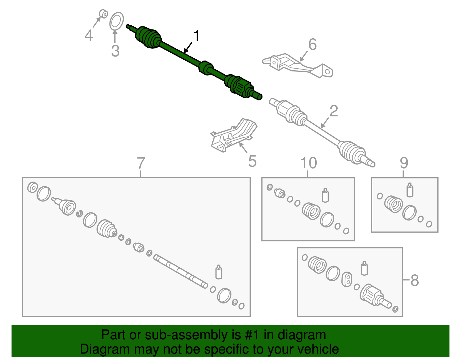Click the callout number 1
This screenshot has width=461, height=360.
197,36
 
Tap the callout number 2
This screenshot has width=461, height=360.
334,111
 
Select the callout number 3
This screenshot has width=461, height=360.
116,51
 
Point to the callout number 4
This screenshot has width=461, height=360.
89,35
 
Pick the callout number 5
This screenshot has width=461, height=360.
252,161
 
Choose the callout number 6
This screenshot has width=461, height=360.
313,44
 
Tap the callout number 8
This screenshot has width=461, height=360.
415,280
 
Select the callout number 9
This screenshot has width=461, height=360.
404,163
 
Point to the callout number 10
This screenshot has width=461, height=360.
309,163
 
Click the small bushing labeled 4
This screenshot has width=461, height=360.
103,14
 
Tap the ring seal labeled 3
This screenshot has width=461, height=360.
116,21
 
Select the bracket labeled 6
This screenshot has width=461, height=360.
297,65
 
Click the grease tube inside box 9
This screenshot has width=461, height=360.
410,190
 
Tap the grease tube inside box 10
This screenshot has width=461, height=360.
325,195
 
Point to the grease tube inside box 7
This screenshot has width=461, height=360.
219,272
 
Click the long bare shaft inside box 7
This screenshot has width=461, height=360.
181,272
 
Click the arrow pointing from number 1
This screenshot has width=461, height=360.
188,48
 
